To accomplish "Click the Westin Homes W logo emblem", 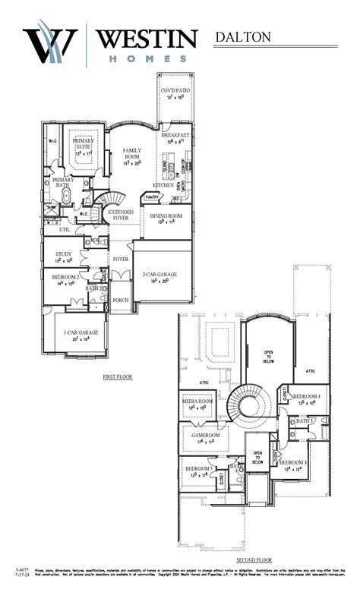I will (52, 45).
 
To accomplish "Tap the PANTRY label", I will (152, 197).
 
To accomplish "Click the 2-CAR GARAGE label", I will (158, 275).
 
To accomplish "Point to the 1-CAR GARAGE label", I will (80, 335).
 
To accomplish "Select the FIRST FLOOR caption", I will (118, 376).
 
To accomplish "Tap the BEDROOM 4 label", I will (307, 397).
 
